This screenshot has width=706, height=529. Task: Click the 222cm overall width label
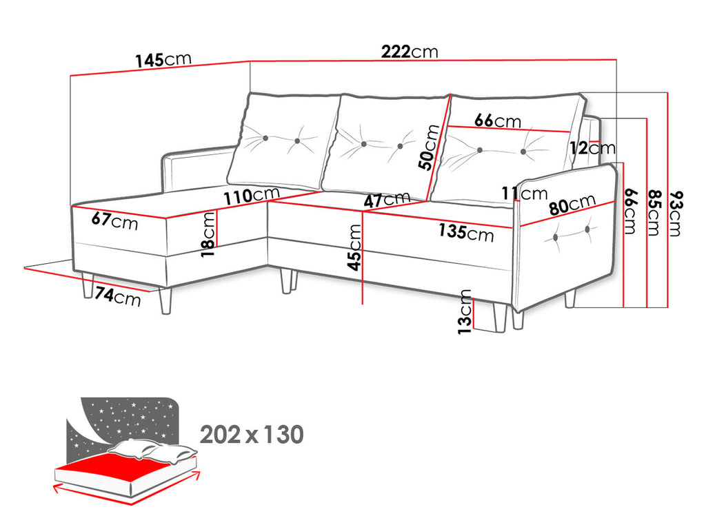tap(410, 52)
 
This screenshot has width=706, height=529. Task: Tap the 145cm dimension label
tap(164, 60)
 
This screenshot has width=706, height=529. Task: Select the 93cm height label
tap(676, 214)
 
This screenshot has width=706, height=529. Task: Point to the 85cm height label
tap(654, 213)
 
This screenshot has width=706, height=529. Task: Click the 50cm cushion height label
tap(428, 147)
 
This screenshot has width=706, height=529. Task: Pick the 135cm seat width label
tap(467, 232)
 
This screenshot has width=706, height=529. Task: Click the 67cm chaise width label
tap(115, 221)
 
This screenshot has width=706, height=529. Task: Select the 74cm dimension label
tap(118, 296)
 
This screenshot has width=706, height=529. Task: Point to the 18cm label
tap(208, 234)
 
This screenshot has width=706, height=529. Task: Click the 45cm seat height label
tap(355, 247)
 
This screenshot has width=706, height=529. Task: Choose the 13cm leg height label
tap(465, 312)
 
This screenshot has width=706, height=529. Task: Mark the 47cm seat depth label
tap(387, 199)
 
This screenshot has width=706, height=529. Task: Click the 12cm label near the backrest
tap(592, 148)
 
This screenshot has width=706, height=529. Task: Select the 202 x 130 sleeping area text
tap(252, 435)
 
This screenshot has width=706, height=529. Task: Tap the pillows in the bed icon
tap(153, 450)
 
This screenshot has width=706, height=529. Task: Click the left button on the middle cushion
tap(364, 144)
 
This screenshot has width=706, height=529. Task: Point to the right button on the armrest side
tap(587, 230)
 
